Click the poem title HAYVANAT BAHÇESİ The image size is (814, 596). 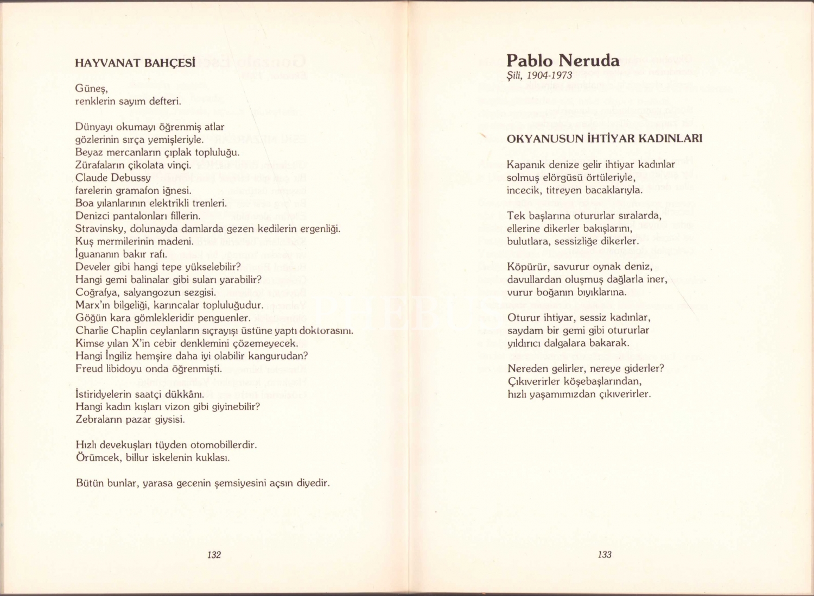click(x=135, y=62)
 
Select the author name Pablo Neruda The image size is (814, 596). click(x=563, y=60)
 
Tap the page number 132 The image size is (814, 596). click(x=214, y=554)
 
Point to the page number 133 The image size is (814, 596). click(x=605, y=554)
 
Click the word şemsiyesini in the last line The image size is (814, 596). click(x=239, y=483)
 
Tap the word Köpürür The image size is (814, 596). click(x=525, y=267)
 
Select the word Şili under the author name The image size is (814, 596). click(x=514, y=75)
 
